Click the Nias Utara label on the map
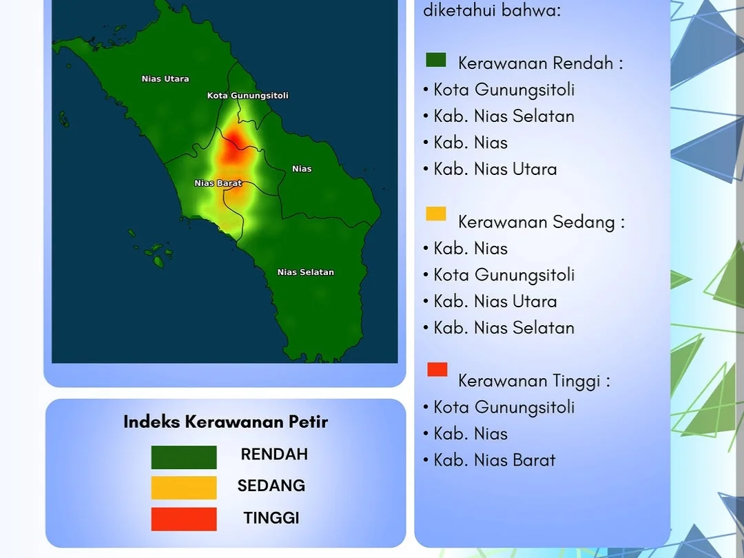point(165,79)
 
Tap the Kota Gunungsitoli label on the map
point(248,95)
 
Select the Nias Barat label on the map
point(218,183)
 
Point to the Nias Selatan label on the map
point(306,272)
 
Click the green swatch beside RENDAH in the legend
point(184,457)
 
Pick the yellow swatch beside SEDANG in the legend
point(184,488)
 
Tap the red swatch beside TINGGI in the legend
point(184,519)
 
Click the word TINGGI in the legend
point(271,518)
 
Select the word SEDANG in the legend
point(271,486)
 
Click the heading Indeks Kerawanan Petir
point(225,422)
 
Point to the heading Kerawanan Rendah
point(541,63)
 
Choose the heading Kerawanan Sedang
point(541,222)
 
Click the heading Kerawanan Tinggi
point(535,381)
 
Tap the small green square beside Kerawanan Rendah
point(436,60)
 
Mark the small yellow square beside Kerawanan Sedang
point(436,214)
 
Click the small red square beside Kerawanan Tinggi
point(437,369)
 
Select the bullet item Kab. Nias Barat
point(495,460)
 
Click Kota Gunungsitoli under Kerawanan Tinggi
point(504,408)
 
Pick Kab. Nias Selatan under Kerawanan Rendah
point(504,116)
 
